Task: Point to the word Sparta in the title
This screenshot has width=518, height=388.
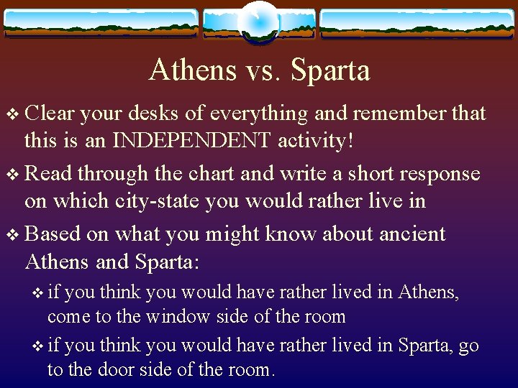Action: (329, 70)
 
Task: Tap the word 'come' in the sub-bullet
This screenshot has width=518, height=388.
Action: (65, 316)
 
